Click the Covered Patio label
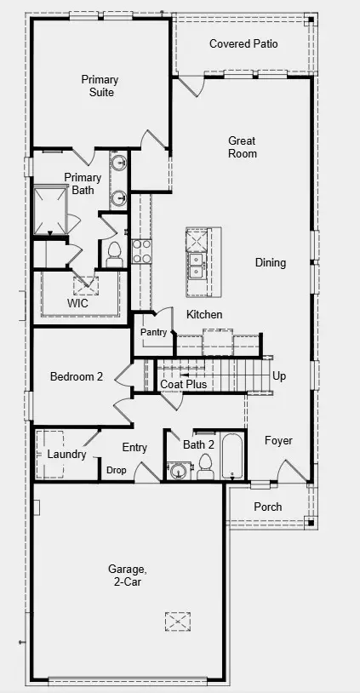pos(243,43)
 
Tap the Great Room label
pos(242,147)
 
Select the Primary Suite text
pos(100,86)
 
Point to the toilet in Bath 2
pos(205,467)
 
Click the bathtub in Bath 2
pos(232,456)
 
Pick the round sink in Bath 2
pos(178,471)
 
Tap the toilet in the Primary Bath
pos(114,255)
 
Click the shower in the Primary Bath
pos(50,210)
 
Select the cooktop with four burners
pos(141,251)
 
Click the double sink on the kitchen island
pos(196,265)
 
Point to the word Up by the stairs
pos(279,376)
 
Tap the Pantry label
pos(153,332)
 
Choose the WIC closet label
pos(77,304)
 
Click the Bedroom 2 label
pos(77,376)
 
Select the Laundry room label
pos(66,455)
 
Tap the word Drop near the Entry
pos(117,470)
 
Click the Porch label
pos(268,507)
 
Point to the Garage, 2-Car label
pos(125,575)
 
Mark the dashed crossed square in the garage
pos(178,621)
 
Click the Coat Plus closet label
pos(183,385)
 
